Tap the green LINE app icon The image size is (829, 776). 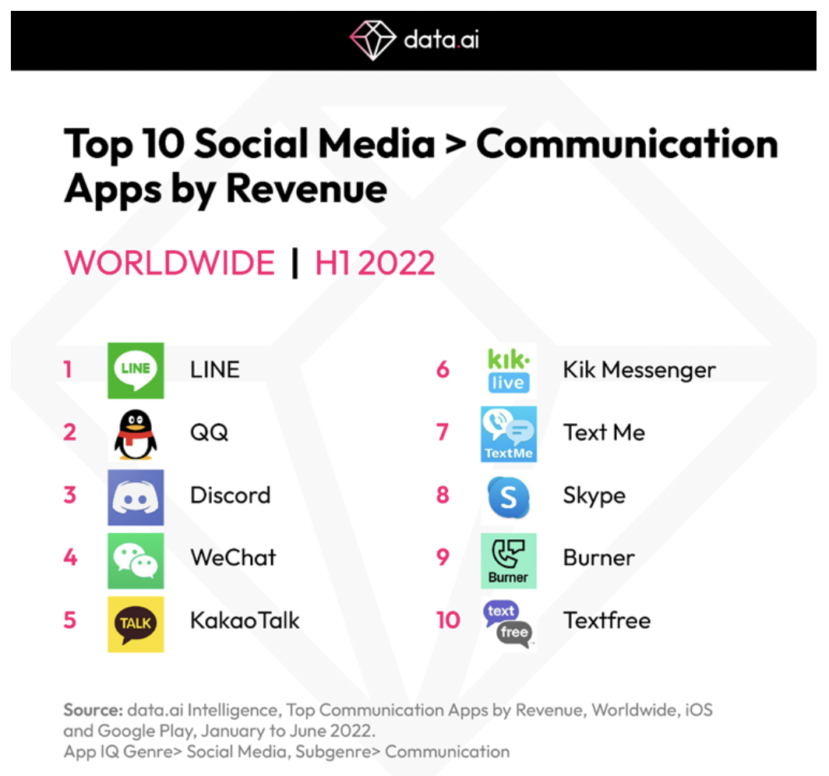136,370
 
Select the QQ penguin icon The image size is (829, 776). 136,433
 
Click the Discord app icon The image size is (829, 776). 136,496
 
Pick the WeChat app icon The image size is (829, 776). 136,559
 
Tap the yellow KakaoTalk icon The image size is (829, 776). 136,623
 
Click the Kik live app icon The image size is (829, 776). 508,370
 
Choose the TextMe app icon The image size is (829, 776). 508,433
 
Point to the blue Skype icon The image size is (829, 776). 508,496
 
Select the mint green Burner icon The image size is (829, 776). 508,559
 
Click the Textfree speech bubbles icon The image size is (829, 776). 508,623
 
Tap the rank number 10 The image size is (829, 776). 448,621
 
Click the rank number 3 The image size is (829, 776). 70,495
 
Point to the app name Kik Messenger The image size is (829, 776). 639,369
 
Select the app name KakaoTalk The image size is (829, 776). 245,620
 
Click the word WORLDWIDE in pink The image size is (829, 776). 169,263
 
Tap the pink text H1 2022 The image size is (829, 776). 375,263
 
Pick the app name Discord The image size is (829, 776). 230,495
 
